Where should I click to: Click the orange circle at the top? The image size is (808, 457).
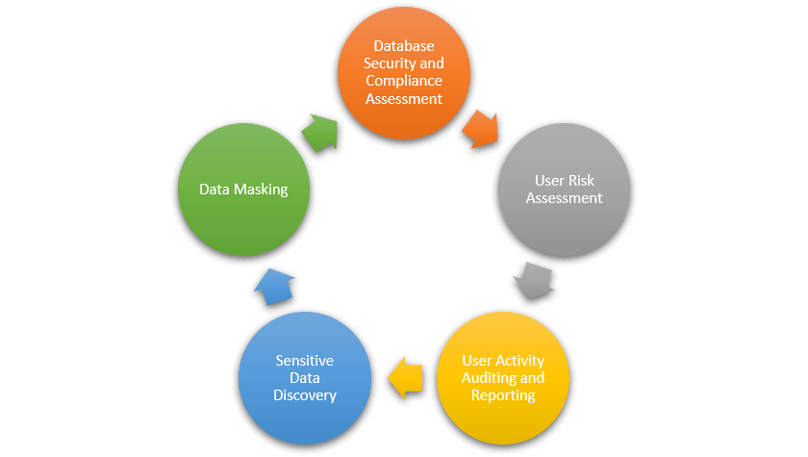click(x=403, y=72)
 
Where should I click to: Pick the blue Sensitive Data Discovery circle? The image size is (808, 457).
click(x=304, y=377)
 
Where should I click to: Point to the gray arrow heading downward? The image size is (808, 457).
click(x=532, y=280)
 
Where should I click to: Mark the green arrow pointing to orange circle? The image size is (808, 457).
click(x=321, y=132)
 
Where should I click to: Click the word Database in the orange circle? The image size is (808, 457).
click(x=403, y=46)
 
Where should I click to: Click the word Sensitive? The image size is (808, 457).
click(x=304, y=361)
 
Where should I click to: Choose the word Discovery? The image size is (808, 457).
click(x=304, y=395)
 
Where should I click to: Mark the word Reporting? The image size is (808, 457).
click(x=503, y=394)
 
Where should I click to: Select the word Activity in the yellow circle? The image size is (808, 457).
click(x=519, y=361)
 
